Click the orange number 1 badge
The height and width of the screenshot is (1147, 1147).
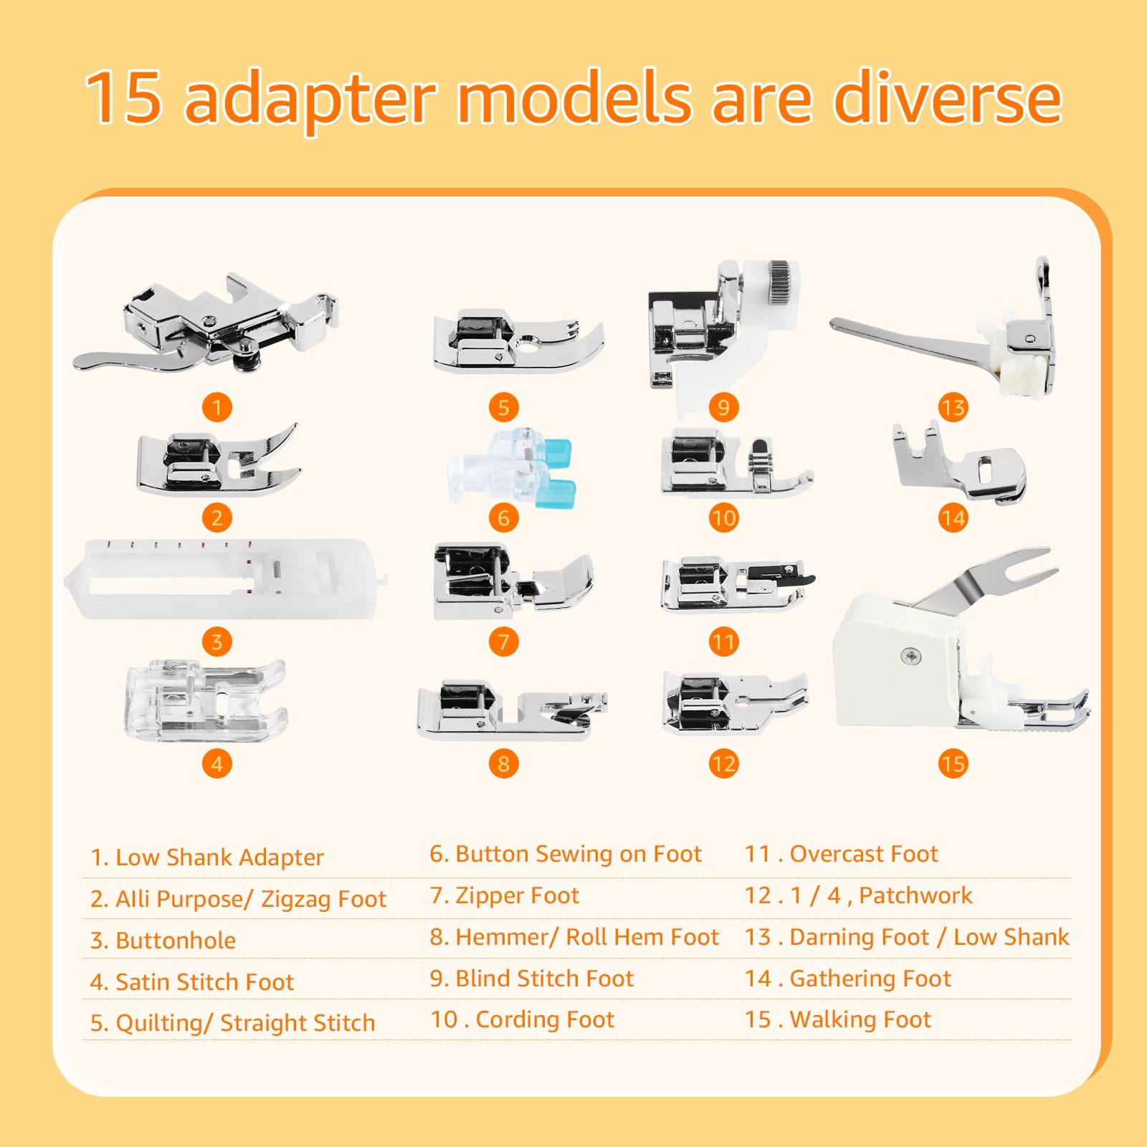[x=217, y=407]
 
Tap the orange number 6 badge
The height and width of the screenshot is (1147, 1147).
[x=504, y=518]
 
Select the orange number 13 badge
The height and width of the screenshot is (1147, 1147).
[x=953, y=407]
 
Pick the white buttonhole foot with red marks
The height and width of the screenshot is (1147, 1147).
[x=226, y=579]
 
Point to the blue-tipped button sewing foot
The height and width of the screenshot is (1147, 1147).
[x=515, y=467]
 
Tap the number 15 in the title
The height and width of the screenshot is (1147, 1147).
[x=124, y=98]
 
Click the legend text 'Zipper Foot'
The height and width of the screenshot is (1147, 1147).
[x=517, y=895]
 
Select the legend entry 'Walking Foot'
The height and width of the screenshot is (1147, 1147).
[x=860, y=1019]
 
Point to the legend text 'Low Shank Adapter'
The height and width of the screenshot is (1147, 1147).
[x=219, y=857]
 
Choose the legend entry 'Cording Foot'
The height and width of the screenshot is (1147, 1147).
[x=545, y=1019]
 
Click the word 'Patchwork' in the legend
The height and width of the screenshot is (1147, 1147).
[x=915, y=895]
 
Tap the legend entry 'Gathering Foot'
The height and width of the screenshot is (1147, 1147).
[x=870, y=979]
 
